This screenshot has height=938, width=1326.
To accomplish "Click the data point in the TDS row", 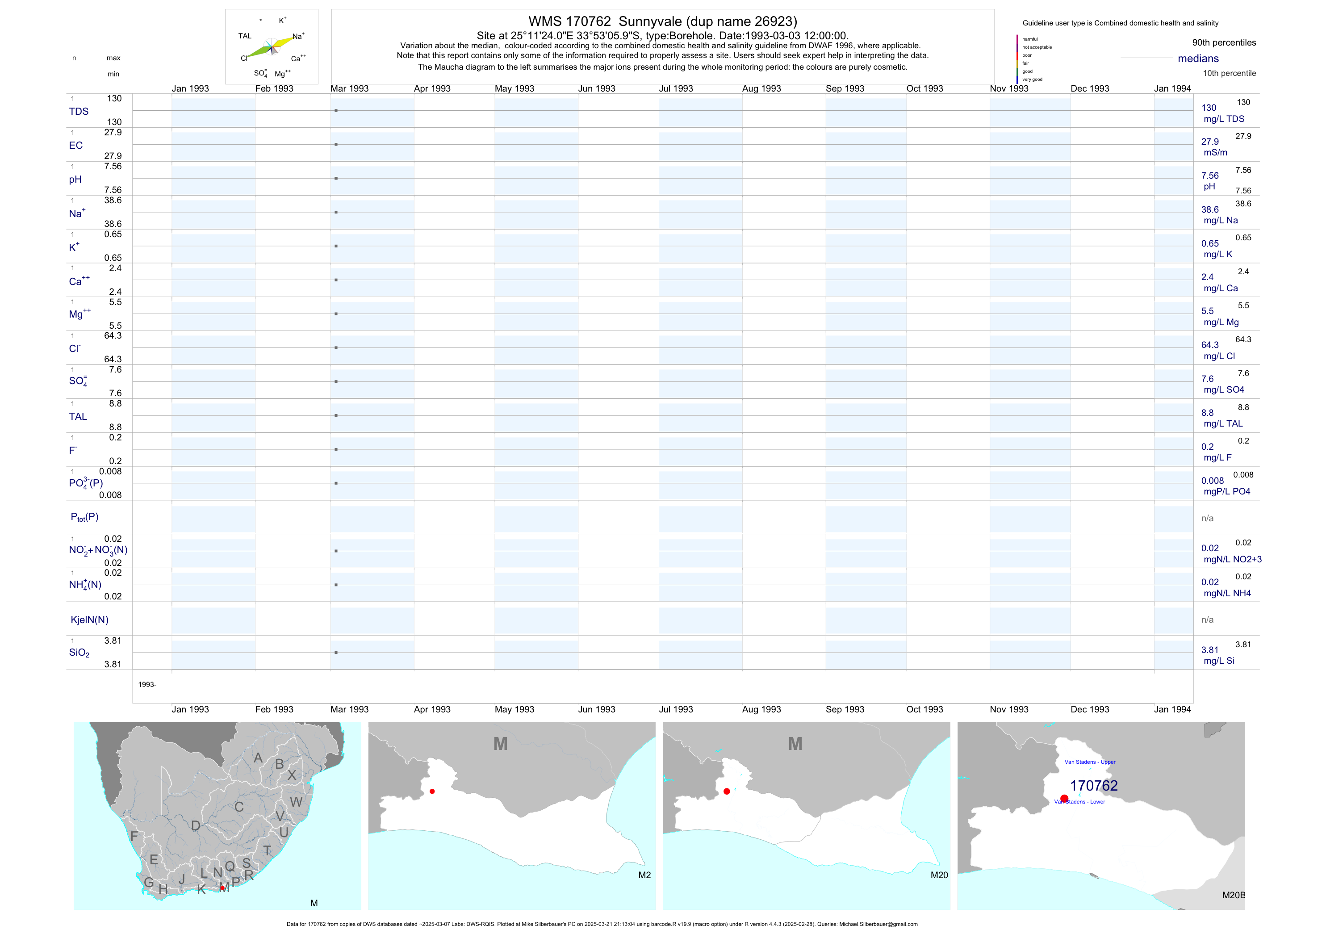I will click(336, 110).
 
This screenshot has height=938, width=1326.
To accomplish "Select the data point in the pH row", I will click(336, 179).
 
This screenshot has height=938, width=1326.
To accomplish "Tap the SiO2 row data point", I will click(336, 653).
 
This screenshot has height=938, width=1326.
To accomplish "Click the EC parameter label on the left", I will click(75, 146).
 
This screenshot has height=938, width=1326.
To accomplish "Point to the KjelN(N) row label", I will click(89, 620).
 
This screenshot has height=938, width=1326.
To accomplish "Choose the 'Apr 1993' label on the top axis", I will click(432, 88).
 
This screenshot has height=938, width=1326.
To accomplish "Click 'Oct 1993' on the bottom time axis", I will click(924, 709).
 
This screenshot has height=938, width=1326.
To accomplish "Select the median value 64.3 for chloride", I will click(1210, 345).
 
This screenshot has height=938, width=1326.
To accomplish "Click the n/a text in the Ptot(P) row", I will click(1207, 518).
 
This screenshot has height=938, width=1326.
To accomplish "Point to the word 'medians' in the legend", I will click(1198, 59).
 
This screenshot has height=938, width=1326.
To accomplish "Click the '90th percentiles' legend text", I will click(1224, 43).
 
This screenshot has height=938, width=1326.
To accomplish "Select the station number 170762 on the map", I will click(1094, 786).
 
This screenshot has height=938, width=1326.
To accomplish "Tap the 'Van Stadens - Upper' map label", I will click(1090, 762).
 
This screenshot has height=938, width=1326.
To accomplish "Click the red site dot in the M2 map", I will click(432, 791).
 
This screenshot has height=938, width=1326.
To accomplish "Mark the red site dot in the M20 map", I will click(727, 791).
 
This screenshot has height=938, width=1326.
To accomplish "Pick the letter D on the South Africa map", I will click(196, 826).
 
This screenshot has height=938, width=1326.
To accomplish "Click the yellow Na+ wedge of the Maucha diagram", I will click(283, 42).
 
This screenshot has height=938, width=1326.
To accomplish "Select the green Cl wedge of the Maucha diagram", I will click(259, 51).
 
